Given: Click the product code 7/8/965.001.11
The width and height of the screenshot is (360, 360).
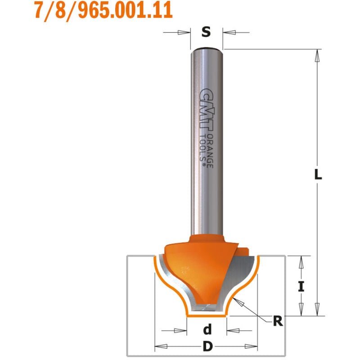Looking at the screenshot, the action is pyautogui.click(x=103, y=10).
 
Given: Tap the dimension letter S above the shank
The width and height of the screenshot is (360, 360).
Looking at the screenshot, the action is pyautogui.click(x=206, y=32).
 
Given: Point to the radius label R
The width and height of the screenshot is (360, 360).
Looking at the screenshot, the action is pyautogui.click(x=278, y=321).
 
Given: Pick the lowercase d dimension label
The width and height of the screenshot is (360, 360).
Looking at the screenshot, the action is pyautogui.click(x=207, y=329).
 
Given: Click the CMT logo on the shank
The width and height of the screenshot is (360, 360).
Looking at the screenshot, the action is pyautogui.click(x=207, y=111).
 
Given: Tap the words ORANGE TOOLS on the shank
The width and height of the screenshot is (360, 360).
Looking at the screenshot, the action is pyautogui.click(x=207, y=151).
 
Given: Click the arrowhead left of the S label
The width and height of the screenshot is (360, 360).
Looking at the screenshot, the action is pyautogui.click(x=184, y=32).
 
